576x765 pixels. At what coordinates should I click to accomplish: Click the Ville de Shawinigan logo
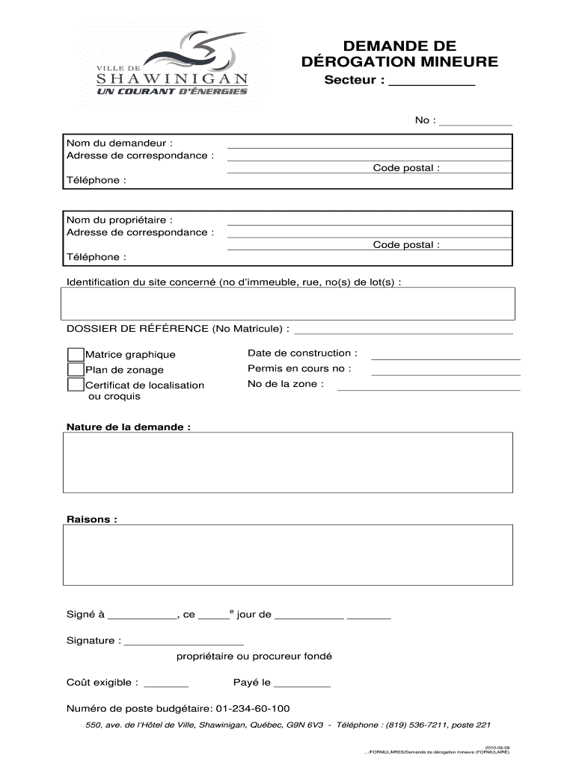coord(171,64)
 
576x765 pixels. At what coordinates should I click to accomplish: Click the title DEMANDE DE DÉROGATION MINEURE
coord(399,54)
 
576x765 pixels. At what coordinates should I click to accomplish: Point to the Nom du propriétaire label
coord(120,220)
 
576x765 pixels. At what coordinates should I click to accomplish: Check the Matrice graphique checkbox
coord(75,354)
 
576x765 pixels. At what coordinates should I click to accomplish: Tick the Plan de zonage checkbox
coord(75,370)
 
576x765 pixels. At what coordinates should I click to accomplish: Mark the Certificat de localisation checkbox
coord(75,385)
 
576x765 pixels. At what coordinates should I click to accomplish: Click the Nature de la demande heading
coord(129,427)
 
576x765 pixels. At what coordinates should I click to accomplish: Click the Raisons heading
coord(92,519)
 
